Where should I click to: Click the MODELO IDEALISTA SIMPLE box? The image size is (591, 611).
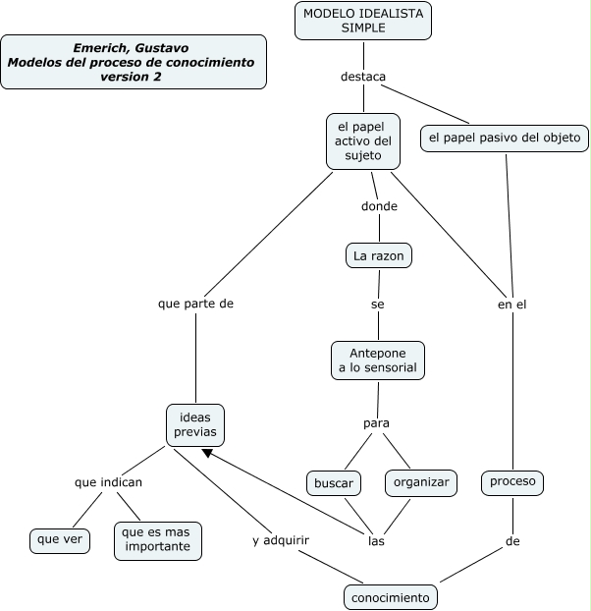363,21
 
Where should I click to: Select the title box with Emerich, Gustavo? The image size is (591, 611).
134,62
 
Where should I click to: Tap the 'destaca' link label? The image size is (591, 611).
363,76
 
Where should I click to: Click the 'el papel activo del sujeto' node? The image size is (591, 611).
363,140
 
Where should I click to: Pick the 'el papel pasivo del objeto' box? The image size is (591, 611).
506,139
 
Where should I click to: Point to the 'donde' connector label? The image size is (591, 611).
379,206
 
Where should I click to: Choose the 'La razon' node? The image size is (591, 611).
379,256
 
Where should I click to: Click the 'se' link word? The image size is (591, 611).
378,305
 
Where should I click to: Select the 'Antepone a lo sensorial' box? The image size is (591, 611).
378,360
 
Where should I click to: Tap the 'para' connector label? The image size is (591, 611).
377,423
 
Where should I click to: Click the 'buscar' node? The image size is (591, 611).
334,483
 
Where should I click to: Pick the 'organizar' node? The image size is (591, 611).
421,482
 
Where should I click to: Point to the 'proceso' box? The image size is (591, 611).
512,482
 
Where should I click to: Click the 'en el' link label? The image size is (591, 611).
512,305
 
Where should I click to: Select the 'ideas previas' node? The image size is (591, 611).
195,424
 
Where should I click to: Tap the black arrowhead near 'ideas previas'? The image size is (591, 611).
208,453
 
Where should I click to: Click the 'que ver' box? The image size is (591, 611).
60,539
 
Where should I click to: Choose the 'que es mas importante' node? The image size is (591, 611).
158,540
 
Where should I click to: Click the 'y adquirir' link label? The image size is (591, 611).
282,540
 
